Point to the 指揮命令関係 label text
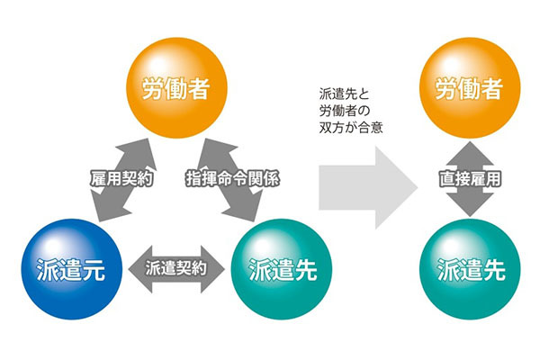tap(231, 178)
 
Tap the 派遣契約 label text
tap(176, 267)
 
